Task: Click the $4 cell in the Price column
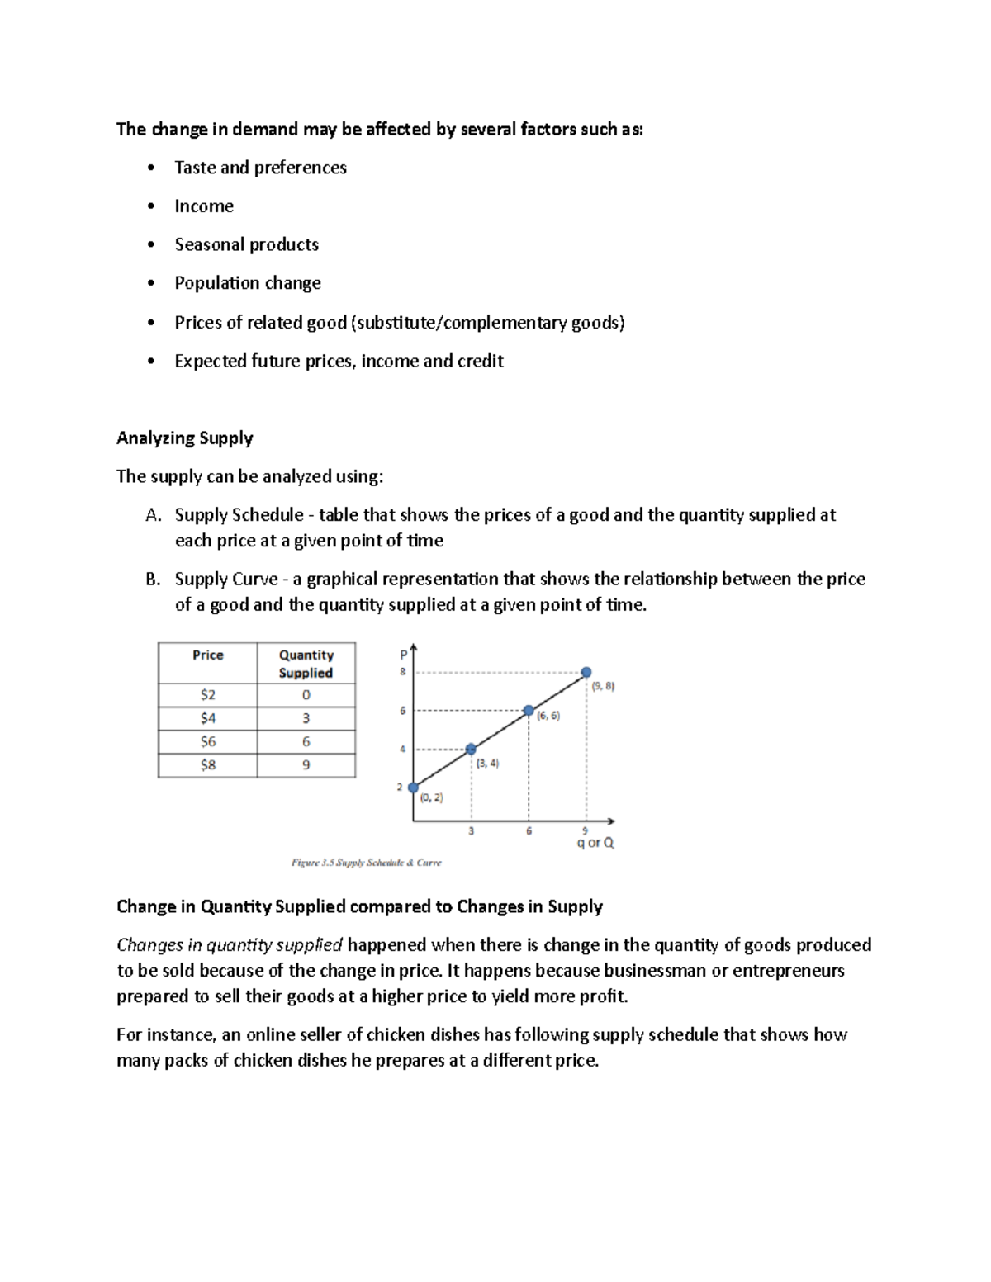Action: click(207, 718)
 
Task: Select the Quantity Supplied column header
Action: click(306, 664)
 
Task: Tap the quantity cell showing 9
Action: click(306, 765)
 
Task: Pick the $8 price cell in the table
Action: click(207, 765)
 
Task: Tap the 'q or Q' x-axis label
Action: click(595, 843)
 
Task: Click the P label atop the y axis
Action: click(403, 655)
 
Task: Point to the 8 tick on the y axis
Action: click(403, 672)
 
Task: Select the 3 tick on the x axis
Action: click(472, 831)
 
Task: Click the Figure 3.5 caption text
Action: click(366, 863)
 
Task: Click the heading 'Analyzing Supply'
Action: click(184, 438)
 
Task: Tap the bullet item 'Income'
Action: click(204, 206)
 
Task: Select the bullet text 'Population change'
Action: click(248, 283)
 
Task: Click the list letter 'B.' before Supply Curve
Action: click(153, 580)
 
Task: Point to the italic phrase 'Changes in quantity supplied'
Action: click(230, 945)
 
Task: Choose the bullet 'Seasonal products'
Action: click(246, 244)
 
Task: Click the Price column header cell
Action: click(207, 655)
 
